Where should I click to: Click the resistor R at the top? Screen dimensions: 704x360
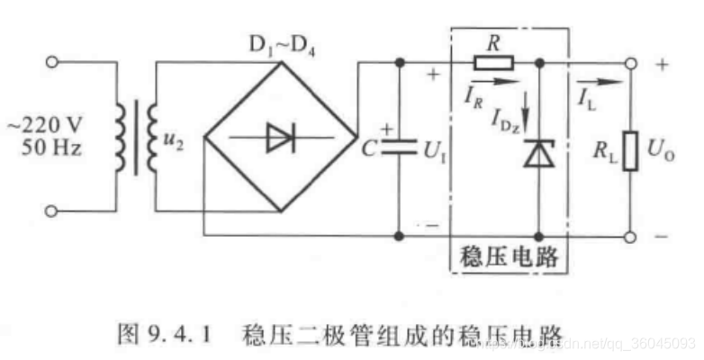[x=494, y=63]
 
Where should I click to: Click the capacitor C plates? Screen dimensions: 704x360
[x=398, y=147]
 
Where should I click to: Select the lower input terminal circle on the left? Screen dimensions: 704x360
[x=52, y=211]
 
